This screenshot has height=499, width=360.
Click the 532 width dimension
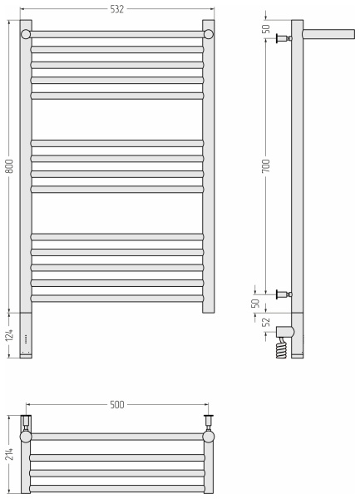point(116,9)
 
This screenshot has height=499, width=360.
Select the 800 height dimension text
point(9,166)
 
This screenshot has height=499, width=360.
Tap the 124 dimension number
point(9,335)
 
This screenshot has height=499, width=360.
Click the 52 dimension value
point(266,322)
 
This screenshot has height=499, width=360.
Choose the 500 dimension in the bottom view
point(116,405)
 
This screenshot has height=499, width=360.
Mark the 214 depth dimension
point(9,454)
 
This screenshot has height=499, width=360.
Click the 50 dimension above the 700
point(266,29)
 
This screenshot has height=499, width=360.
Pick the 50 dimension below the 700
point(255,304)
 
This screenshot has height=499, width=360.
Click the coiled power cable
point(281,348)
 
